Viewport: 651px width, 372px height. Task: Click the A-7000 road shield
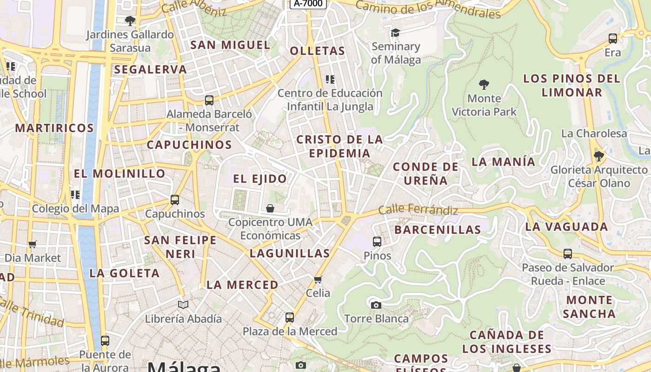pyautogui.click(x=308, y=4)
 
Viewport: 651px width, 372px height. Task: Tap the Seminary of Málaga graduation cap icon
pyautogui.click(x=395, y=33)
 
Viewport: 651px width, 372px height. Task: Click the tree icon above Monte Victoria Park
pyautogui.click(x=484, y=85)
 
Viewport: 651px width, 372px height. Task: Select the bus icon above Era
pyautogui.click(x=613, y=39)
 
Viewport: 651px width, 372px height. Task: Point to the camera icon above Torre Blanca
pyautogui.click(x=376, y=305)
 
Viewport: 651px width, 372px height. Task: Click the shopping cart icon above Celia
pyautogui.click(x=318, y=279)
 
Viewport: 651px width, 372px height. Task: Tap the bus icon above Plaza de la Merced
pyautogui.click(x=290, y=318)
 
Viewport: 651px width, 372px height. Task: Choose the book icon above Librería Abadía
pyautogui.click(x=183, y=305)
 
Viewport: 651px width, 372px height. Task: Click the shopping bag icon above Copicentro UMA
pyautogui.click(x=270, y=208)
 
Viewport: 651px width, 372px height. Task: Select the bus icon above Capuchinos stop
pyautogui.click(x=175, y=200)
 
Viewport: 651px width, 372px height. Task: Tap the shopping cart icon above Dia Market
pyautogui.click(x=33, y=244)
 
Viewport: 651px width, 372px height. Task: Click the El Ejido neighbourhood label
pyautogui.click(x=260, y=179)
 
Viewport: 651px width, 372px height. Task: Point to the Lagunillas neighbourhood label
pyautogui.click(x=290, y=253)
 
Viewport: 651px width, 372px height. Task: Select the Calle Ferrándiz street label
pyautogui.click(x=418, y=210)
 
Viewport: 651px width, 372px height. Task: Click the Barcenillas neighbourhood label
pyautogui.click(x=438, y=230)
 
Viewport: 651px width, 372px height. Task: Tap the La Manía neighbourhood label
pyautogui.click(x=504, y=162)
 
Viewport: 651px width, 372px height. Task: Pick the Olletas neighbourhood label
pyautogui.click(x=318, y=51)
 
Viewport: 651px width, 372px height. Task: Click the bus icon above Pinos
pyautogui.click(x=377, y=242)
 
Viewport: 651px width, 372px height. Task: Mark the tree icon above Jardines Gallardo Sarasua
pyautogui.click(x=130, y=21)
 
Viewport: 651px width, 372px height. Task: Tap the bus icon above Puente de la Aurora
pyautogui.click(x=105, y=341)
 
